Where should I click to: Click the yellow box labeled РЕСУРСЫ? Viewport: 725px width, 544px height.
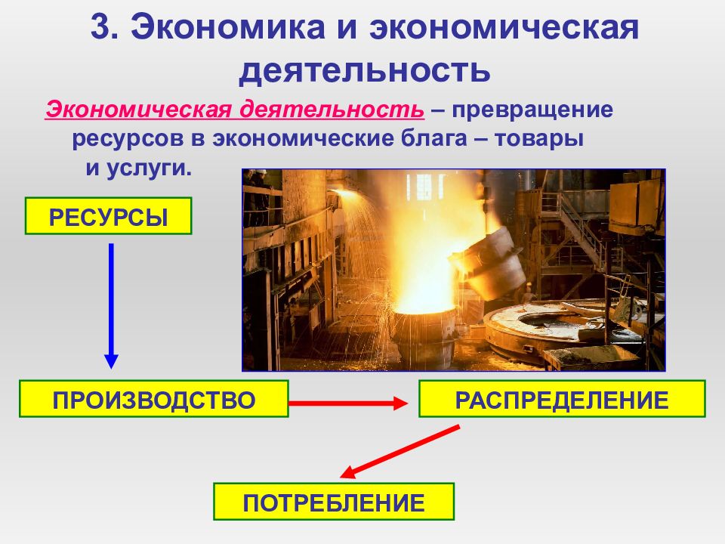[x=108, y=216]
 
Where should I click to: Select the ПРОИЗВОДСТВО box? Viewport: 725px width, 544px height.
[x=154, y=399]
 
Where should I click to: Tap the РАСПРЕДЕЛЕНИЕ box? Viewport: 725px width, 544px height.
[x=562, y=399]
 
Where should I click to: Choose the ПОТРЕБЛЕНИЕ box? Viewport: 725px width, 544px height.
[x=334, y=502]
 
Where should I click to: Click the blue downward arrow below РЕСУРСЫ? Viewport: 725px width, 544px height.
[x=111, y=306]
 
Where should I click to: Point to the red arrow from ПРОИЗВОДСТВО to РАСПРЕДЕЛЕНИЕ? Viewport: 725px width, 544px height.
[x=348, y=403]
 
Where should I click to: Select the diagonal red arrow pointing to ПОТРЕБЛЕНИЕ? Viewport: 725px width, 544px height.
[x=400, y=451]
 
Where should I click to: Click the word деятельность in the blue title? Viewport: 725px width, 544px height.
[x=364, y=70]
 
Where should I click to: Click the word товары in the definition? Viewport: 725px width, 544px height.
[x=539, y=138]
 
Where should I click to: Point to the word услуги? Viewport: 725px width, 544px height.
[x=149, y=168]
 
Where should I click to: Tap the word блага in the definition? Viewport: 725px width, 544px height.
[x=433, y=138]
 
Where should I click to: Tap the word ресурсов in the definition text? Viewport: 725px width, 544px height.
[x=128, y=139]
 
